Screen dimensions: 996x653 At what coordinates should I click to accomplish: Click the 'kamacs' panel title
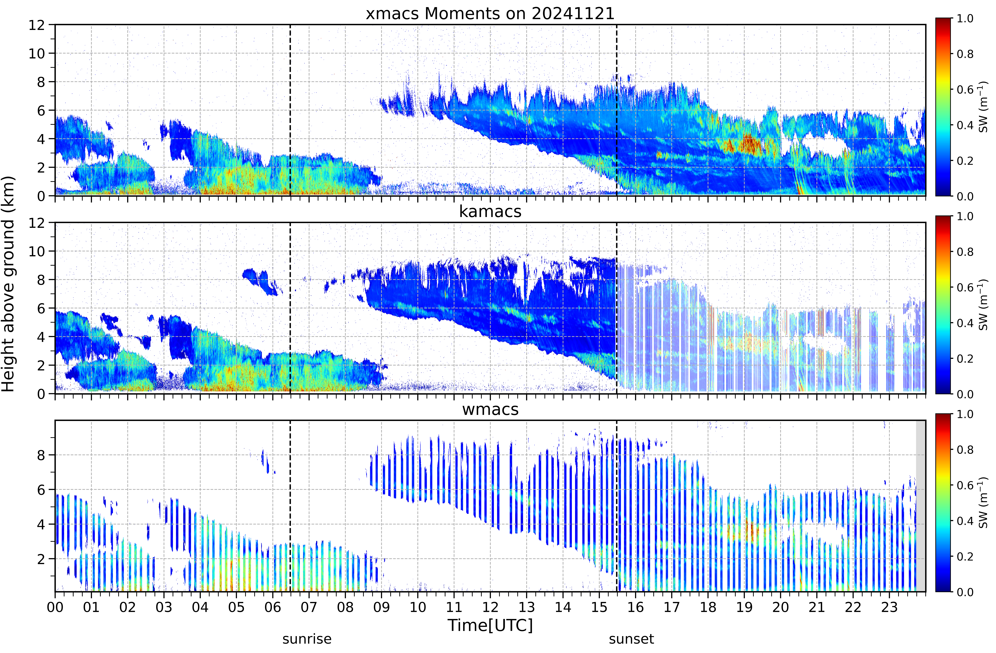coord(490,211)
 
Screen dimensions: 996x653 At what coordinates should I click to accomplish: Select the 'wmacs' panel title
coord(490,409)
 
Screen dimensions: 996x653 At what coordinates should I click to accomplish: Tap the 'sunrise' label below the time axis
coord(307,639)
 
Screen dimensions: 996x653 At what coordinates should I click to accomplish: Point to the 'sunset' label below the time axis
coord(631,639)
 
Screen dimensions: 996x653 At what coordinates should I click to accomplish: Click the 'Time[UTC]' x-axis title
coord(490,625)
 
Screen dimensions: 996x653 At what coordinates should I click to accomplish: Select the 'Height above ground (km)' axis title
coord(8,284)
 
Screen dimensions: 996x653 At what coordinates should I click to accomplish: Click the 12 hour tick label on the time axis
coord(490,607)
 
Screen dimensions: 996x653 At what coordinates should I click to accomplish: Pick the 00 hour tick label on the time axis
coord(55,607)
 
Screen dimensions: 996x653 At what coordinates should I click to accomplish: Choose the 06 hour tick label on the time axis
coord(272,607)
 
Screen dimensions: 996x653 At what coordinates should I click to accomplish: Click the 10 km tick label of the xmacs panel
coord(36,54)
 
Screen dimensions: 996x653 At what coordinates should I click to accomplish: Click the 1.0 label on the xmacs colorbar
coord(965,18)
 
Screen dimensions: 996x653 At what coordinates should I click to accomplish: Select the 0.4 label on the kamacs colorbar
coord(965,323)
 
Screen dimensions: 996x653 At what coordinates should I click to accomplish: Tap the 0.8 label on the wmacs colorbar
coord(965,450)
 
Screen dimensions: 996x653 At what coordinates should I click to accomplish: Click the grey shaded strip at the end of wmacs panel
coord(920,506)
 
